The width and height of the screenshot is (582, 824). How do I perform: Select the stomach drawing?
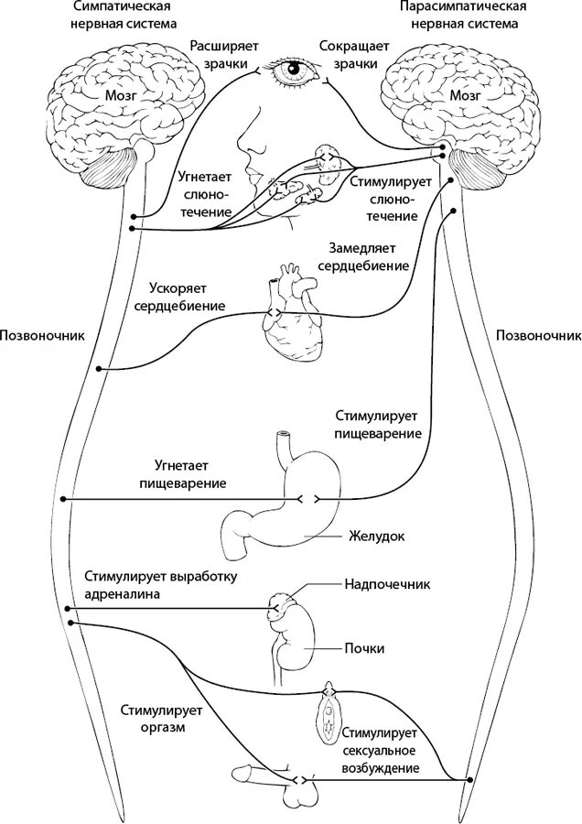(284, 499)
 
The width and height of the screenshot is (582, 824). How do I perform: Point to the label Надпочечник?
(387, 583)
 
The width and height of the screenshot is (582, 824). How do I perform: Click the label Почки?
(365, 648)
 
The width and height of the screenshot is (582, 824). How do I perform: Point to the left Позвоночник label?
(44, 335)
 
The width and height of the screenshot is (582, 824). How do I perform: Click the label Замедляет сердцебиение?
(367, 256)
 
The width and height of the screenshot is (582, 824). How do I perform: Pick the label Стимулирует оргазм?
(152, 719)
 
